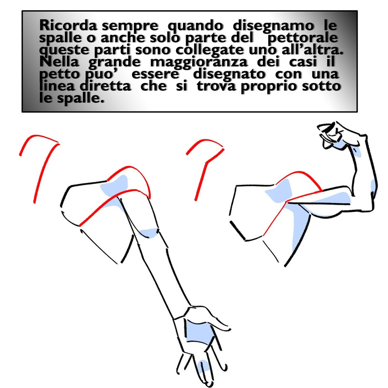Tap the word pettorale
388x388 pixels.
303,38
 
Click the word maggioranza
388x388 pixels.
199,63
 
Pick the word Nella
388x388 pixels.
59,62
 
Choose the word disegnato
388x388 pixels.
229,75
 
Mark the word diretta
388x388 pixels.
105,86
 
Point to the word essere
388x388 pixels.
155,75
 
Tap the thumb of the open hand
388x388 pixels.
213,319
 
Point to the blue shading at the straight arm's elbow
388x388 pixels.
148,233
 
